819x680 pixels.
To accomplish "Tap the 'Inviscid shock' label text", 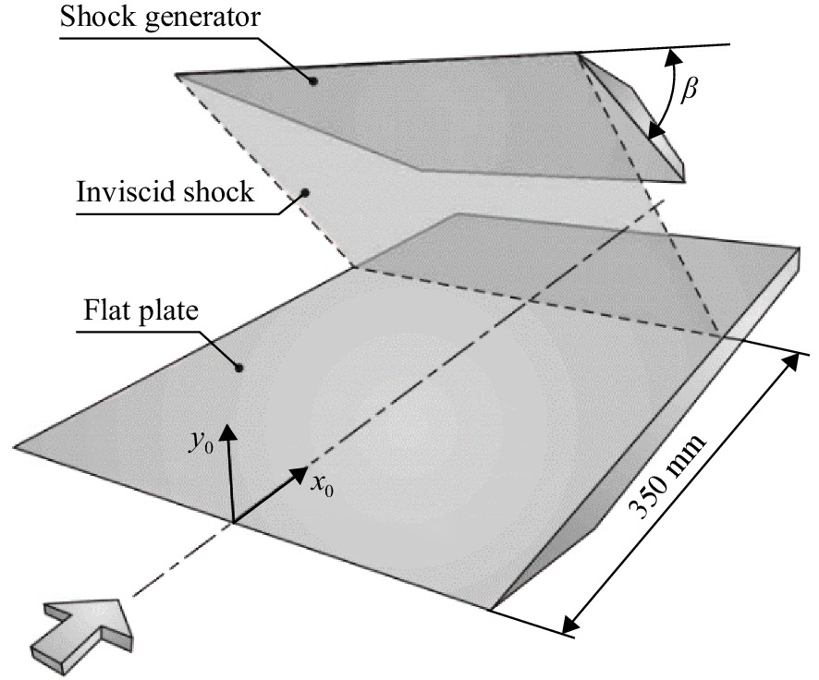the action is click(165, 191).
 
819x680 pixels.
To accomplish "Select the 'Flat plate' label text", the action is click(141, 311).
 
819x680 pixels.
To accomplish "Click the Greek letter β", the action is click(690, 90).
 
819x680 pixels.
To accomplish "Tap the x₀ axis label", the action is click(322, 485).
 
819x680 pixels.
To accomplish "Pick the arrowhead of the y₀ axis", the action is click(227, 434).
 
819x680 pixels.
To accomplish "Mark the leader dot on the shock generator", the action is click(312, 81).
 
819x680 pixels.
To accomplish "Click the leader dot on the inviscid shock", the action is click(306, 193).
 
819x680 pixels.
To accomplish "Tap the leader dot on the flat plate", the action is click(238, 368).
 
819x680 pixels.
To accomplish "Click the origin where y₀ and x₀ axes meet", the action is click(233, 522).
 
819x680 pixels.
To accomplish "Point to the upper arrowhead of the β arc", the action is click(670, 55).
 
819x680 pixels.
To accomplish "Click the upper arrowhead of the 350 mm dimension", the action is click(792, 360).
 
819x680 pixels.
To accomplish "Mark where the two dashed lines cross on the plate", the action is click(531, 301).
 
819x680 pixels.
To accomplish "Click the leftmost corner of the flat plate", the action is click(14, 447).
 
